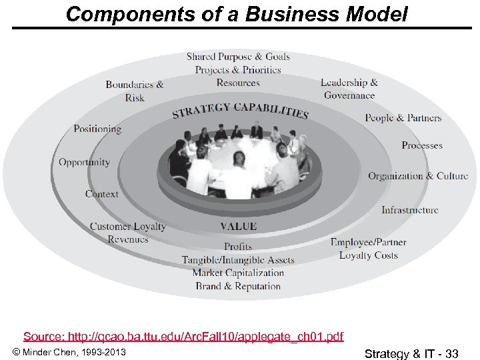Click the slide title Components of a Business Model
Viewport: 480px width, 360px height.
point(237,14)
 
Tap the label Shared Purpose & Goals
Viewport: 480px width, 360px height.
point(238,57)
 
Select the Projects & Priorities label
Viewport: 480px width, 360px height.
point(238,70)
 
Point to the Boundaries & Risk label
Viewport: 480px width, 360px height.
point(135,91)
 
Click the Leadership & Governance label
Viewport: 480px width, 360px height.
point(349,89)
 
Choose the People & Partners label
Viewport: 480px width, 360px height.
point(403,118)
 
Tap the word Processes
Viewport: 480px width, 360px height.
point(422,145)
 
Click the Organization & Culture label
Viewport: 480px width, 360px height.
point(418,176)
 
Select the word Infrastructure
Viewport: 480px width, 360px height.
point(410,210)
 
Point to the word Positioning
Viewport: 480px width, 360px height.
point(97,129)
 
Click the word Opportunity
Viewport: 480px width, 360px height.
point(84,162)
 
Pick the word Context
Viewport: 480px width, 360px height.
point(101,194)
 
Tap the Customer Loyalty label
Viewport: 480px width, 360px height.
point(128,227)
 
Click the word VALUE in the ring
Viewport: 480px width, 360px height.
point(238,227)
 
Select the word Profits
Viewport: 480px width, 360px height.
point(238,247)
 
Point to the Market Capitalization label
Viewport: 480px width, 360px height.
point(238,273)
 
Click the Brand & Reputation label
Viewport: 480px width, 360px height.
point(238,286)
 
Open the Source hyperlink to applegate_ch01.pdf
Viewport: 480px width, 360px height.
point(183,336)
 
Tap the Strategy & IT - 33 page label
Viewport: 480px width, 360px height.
point(412,353)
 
